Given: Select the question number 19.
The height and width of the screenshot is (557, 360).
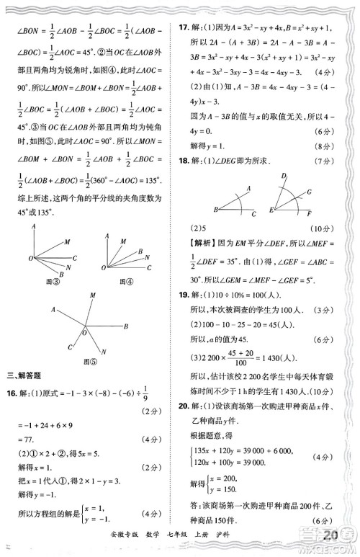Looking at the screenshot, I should pos(185,295).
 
